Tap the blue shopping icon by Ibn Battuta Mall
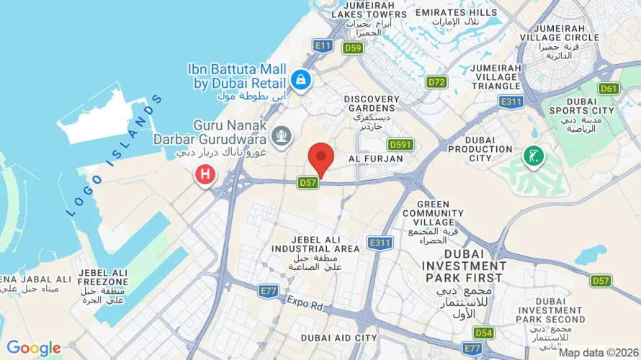click(x=301, y=78)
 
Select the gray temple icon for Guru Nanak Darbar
click(x=282, y=135)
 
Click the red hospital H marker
click(x=206, y=174)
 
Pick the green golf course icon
click(x=534, y=156)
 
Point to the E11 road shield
click(x=323, y=45)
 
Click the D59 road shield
click(x=352, y=48)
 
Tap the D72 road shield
click(x=436, y=82)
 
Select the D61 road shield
click(x=609, y=89)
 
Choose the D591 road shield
click(x=400, y=145)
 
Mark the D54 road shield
click(x=484, y=332)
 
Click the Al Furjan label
click(x=375, y=158)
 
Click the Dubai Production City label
click(x=480, y=148)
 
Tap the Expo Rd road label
click(x=306, y=302)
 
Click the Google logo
click(x=34, y=348)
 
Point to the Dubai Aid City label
click(x=339, y=338)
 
